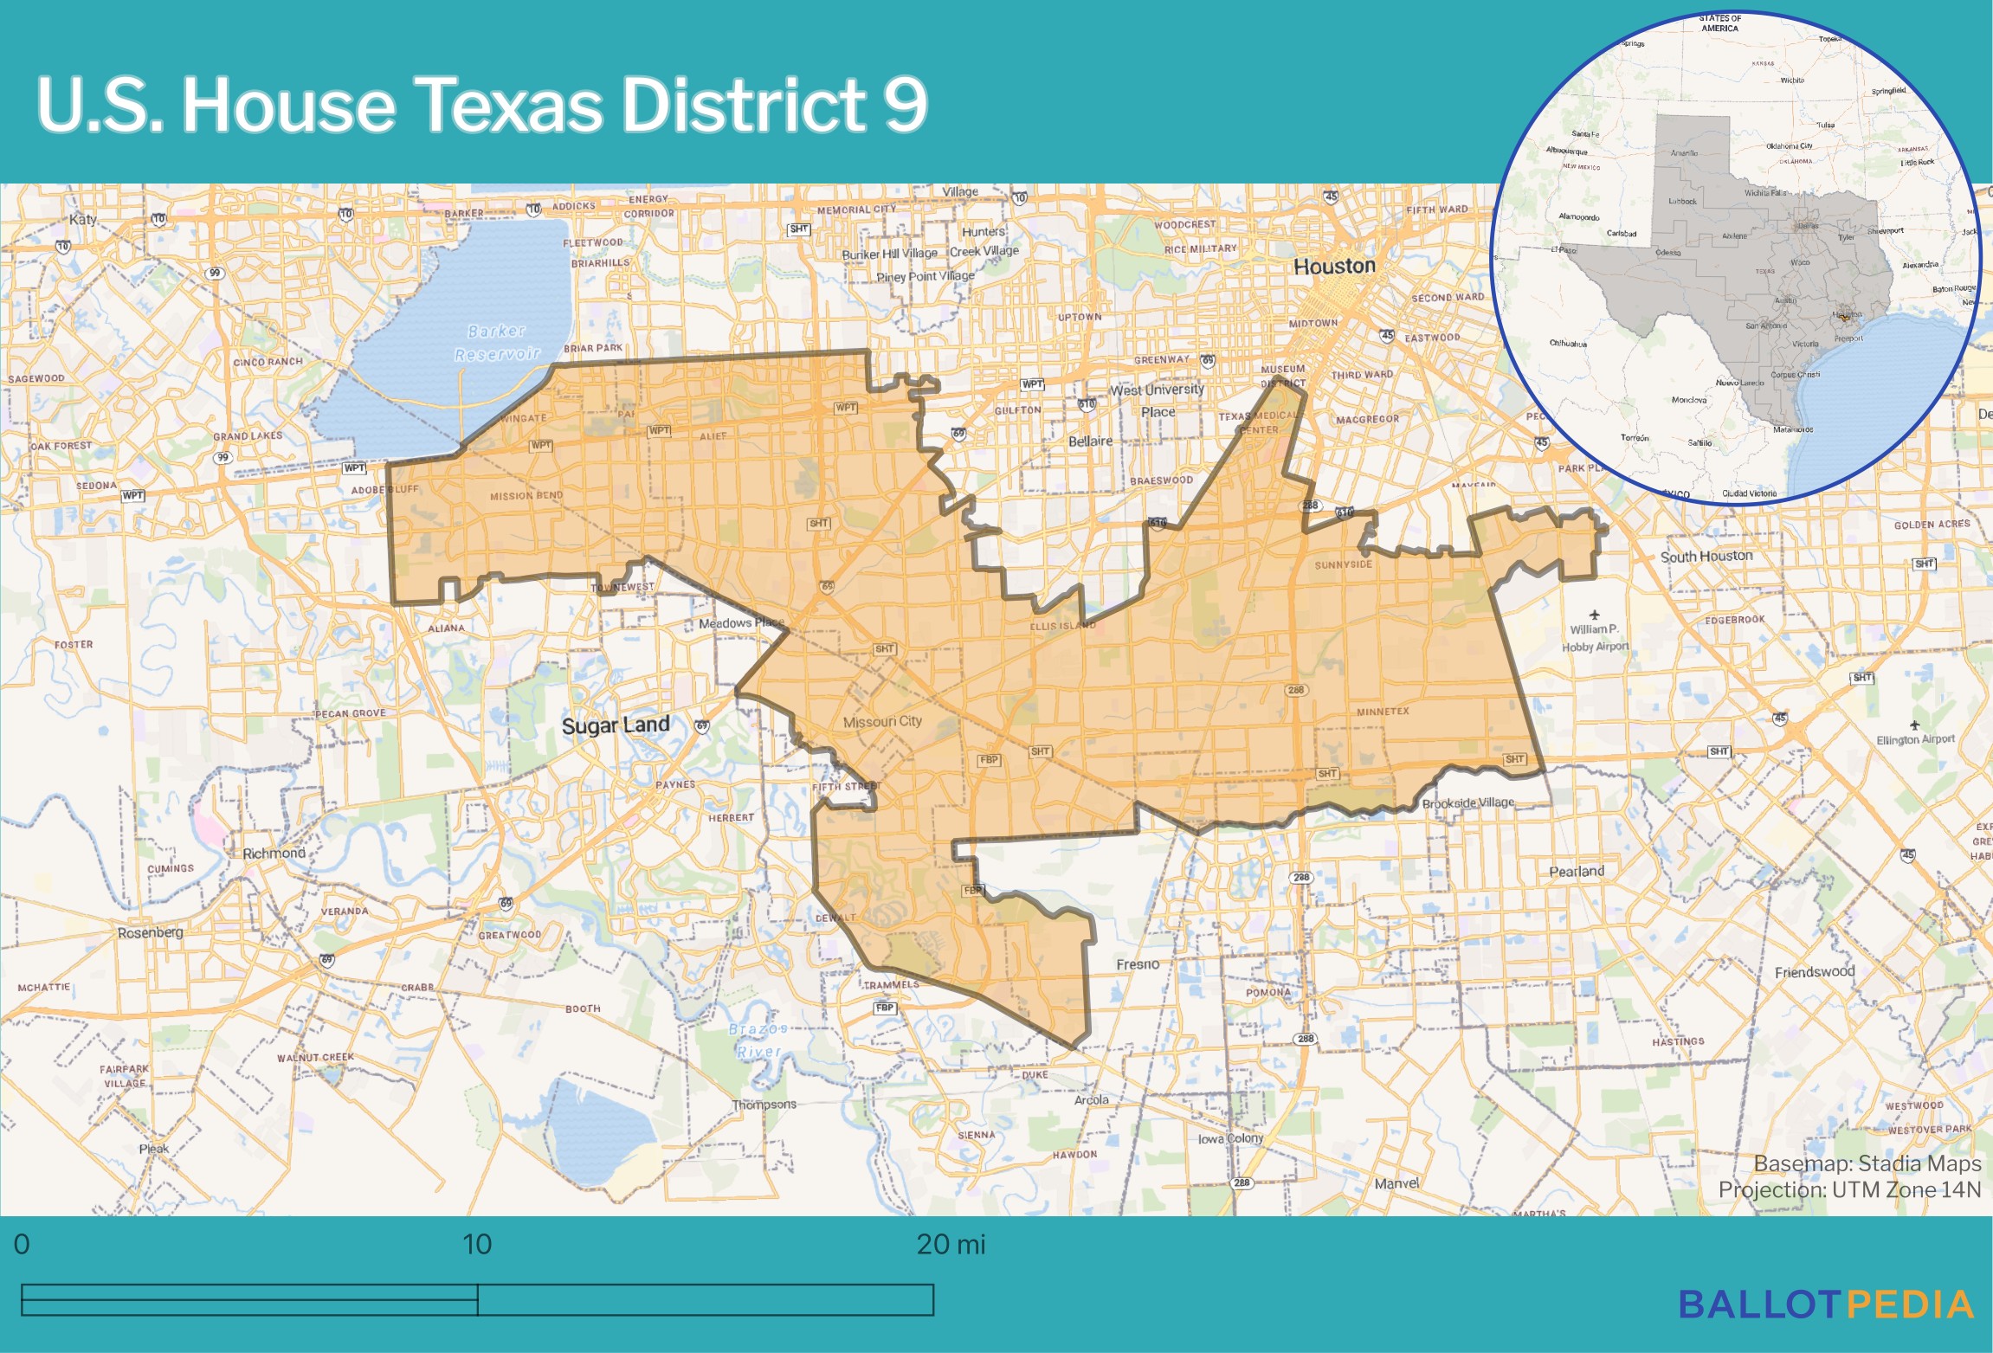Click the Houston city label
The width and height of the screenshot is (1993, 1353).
[1334, 267]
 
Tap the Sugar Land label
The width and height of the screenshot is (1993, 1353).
[616, 725]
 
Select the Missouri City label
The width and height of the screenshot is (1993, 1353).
[882, 721]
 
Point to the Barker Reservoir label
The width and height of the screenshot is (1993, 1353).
[497, 343]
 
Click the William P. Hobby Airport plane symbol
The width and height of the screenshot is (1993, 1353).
[1595, 615]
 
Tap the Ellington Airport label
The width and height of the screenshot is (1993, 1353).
[1915, 739]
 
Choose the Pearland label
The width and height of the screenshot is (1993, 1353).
[1577, 872]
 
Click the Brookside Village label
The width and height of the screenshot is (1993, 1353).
[1468, 802]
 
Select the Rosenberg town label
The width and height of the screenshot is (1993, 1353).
[151, 932]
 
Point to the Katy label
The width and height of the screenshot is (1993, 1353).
[83, 219]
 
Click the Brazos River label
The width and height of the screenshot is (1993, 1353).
[758, 1040]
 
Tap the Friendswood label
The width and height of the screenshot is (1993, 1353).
[1815, 972]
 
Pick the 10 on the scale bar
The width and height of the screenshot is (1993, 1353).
[477, 1245]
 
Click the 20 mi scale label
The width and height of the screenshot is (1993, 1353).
[951, 1245]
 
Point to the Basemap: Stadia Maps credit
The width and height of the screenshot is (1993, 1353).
[1867, 1163]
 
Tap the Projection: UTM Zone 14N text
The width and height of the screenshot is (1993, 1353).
[1849, 1190]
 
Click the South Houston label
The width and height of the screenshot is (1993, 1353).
[1706, 556]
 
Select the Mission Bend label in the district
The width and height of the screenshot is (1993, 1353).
[526, 496]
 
